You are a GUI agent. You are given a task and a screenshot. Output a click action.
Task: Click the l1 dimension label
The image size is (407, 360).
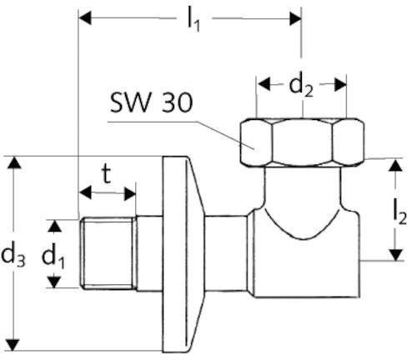[x=193, y=21]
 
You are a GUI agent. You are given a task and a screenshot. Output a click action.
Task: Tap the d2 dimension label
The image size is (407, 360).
[x=301, y=86]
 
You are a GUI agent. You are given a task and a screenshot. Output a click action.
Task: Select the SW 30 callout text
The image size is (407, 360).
[x=151, y=102]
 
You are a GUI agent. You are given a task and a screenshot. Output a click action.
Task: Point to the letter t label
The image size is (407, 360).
[x=106, y=174]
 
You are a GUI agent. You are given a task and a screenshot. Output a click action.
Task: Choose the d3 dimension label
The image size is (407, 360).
[x=13, y=256]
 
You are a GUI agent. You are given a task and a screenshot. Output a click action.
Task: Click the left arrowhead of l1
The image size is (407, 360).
[x=85, y=18]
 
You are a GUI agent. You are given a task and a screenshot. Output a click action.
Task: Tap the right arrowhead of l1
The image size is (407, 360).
[x=295, y=18]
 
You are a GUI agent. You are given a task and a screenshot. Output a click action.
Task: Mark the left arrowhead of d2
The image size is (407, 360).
[x=264, y=84]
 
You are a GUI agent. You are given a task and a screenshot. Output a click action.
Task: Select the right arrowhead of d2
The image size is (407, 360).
[x=340, y=84]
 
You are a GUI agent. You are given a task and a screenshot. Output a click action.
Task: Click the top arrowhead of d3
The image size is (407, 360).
[x=14, y=162]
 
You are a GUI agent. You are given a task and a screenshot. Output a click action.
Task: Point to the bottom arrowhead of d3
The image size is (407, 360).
[x=13, y=345]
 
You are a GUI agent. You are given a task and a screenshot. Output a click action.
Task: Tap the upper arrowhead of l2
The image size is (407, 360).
[x=395, y=165]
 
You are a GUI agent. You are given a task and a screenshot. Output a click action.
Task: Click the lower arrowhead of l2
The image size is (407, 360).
[x=395, y=255]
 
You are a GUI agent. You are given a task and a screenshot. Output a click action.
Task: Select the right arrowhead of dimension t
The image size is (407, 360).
[x=130, y=193]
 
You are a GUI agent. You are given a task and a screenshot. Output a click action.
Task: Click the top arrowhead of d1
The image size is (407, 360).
[x=55, y=226]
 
